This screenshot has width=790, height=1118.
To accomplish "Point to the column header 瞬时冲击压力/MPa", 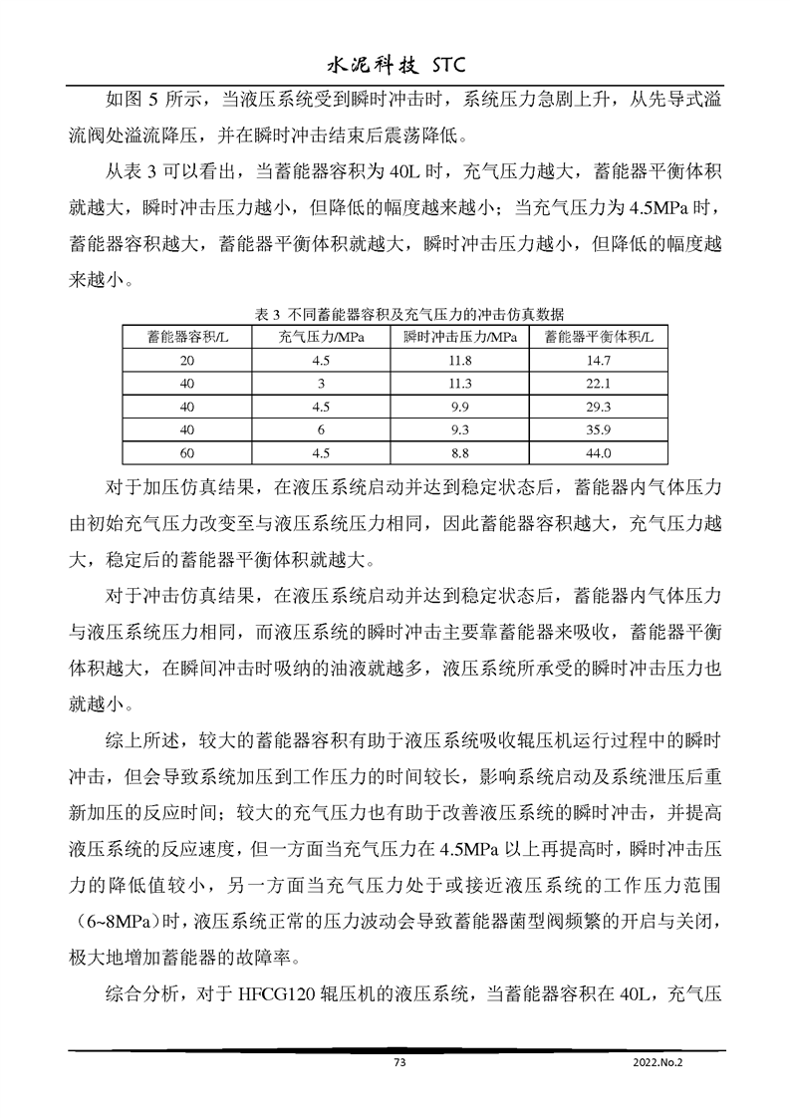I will click(x=459, y=336).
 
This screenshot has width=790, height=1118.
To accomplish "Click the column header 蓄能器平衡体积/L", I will click(x=598, y=336).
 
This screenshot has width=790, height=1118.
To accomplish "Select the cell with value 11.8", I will click(x=459, y=360).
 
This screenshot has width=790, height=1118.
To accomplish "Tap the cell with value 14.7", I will click(x=598, y=360).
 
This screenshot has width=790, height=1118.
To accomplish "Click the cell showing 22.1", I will click(x=598, y=383).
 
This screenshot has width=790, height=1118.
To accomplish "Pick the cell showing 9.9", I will click(x=459, y=406).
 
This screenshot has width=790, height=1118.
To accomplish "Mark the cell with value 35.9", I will click(x=598, y=428).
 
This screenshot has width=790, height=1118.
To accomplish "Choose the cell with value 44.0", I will click(x=598, y=451).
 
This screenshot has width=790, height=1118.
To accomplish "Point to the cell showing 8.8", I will click(x=459, y=451).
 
